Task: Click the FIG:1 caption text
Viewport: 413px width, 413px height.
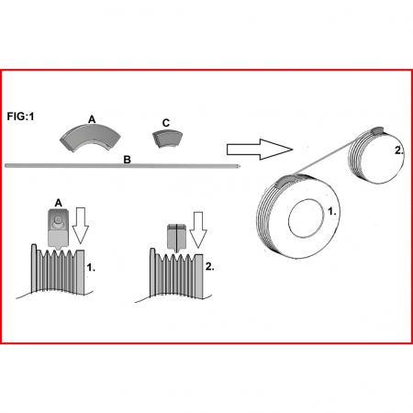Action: click(20, 117)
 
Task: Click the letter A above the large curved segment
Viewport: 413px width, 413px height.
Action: click(92, 119)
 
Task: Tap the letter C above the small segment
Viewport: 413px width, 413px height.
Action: click(166, 123)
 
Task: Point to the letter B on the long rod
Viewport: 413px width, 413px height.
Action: click(127, 160)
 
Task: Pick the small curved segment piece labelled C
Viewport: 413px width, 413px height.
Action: click(168, 139)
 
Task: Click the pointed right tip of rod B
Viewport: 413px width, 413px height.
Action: click(240, 166)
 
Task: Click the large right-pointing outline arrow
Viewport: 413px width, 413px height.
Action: click(260, 150)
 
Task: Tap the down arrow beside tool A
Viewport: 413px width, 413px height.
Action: click(81, 226)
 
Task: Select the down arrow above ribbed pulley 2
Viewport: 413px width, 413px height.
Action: click(198, 229)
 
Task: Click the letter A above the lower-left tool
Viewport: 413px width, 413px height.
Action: click(58, 203)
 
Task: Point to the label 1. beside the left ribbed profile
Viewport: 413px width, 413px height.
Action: click(91, 267)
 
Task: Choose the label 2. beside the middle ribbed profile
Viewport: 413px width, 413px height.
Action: click(209, 266)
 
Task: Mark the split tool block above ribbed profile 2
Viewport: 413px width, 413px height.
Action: click(176, 237)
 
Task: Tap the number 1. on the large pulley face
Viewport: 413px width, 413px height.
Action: click(332, 211)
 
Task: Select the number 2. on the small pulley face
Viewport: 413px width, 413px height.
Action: click(399, 151)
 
